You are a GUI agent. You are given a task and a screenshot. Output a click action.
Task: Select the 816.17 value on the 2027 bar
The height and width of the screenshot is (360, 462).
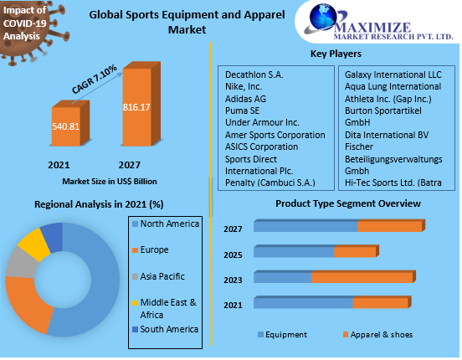(x=137, y=108)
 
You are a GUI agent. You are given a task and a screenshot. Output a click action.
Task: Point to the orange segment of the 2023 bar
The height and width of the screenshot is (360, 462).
(x=362, y=277)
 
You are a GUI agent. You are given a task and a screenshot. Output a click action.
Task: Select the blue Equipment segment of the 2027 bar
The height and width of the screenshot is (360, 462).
(x=305, y=227)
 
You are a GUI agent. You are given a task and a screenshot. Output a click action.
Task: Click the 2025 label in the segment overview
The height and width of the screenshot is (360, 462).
(x=234, y=255)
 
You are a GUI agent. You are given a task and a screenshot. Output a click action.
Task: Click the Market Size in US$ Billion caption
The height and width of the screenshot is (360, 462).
(x=109, y=181)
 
